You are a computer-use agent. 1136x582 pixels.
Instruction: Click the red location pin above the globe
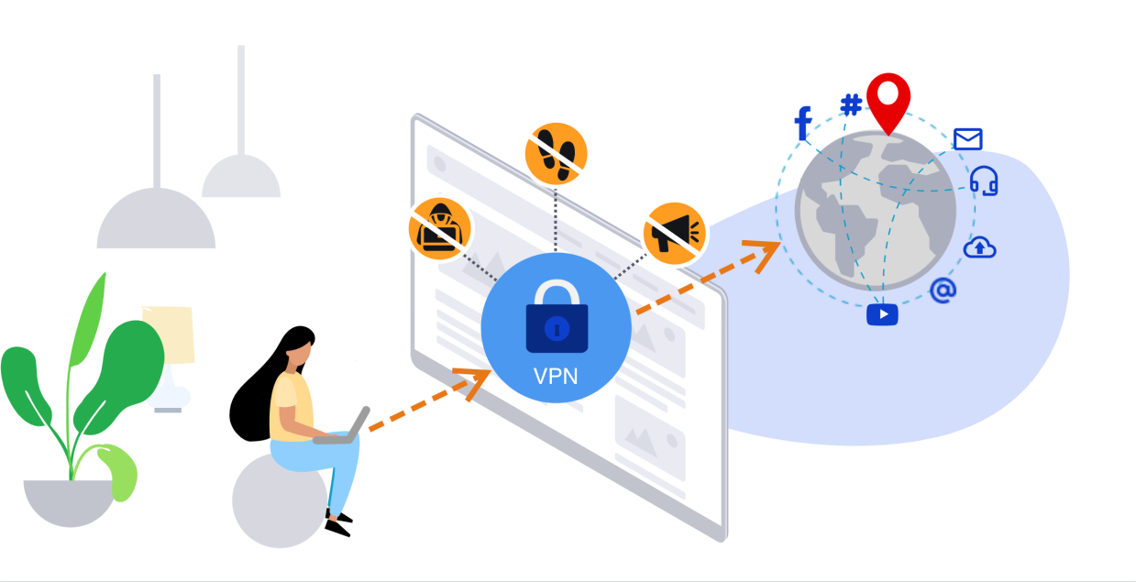coord(888,97)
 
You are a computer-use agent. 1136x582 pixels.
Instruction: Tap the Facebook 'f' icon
coord(803,124)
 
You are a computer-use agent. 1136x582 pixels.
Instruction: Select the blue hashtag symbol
coord(851,104)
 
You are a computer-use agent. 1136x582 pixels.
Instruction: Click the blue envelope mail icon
coord(967,138)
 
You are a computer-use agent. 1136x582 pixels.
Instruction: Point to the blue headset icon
coord(984,181)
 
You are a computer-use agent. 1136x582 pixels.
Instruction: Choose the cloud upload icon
coord(979,247)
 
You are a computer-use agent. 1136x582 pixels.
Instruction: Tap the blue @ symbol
coord(943,291)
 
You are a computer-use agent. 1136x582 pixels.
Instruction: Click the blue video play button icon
coord(882,313)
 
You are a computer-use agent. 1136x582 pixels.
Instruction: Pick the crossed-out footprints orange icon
coord(556,152)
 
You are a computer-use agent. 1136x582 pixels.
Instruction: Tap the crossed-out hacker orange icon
coord(440,228)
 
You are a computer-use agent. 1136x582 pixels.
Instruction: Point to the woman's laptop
coord(343,431)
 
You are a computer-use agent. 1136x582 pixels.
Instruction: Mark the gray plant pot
coord(70,502)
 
